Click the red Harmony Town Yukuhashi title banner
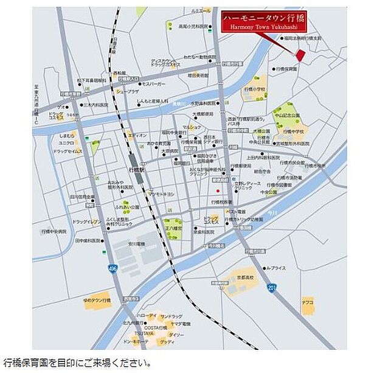click(x=264, y=21)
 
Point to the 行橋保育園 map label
click(x=285, y=69)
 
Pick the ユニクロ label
click(x=66, y=142)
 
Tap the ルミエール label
click(x=200, y=11)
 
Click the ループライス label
click(x=275, y=268)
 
